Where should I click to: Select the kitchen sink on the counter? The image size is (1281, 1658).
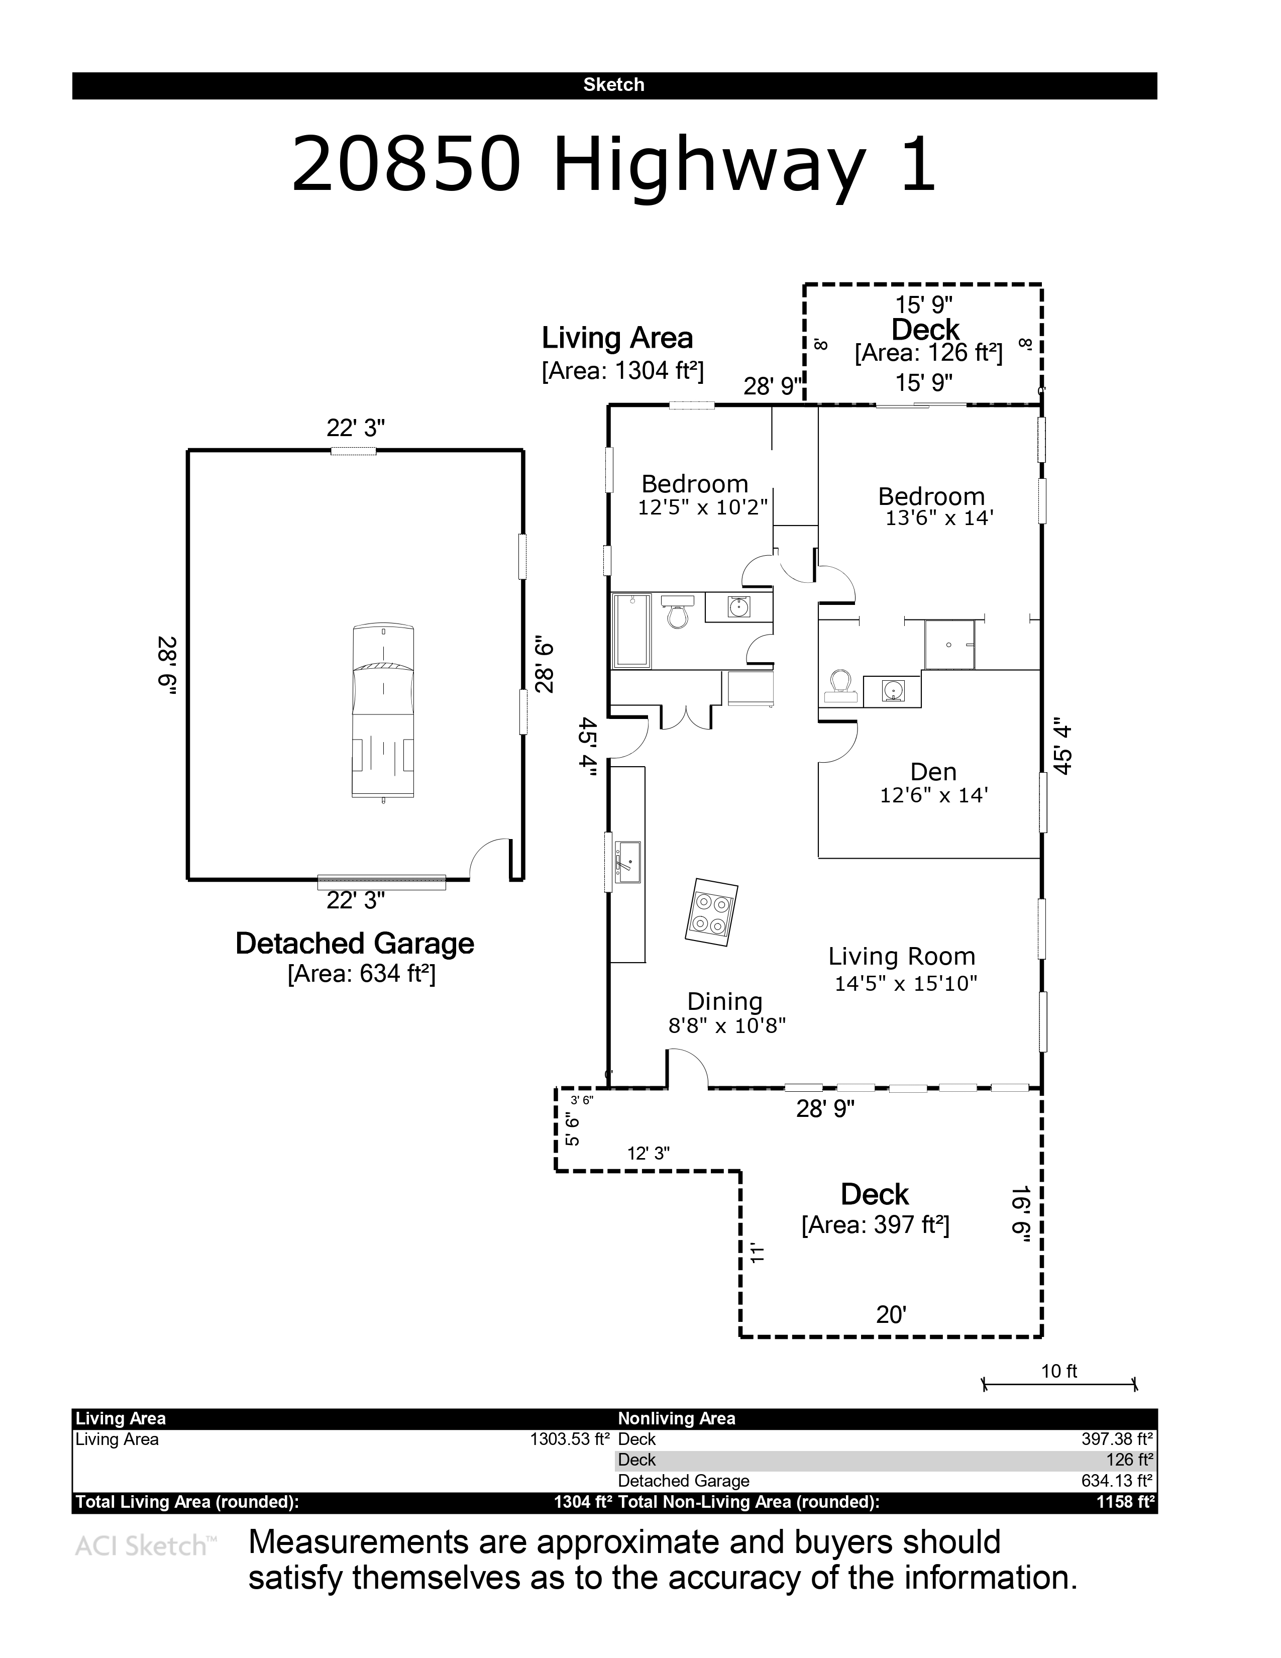627,862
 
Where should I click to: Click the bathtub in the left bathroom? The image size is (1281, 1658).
632,631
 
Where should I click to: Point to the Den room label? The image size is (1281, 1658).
933,772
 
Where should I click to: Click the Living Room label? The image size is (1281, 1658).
902,957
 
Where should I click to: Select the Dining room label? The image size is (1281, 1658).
725,1002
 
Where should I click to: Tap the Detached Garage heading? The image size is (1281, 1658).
354,944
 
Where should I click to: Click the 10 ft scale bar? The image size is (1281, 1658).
1059,1384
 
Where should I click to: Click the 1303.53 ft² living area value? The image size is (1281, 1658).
570,1438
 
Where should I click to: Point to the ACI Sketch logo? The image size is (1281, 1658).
146,1545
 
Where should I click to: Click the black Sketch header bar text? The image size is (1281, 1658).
614,85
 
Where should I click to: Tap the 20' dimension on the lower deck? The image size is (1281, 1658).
892,1315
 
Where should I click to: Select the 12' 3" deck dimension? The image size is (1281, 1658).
648,1153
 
